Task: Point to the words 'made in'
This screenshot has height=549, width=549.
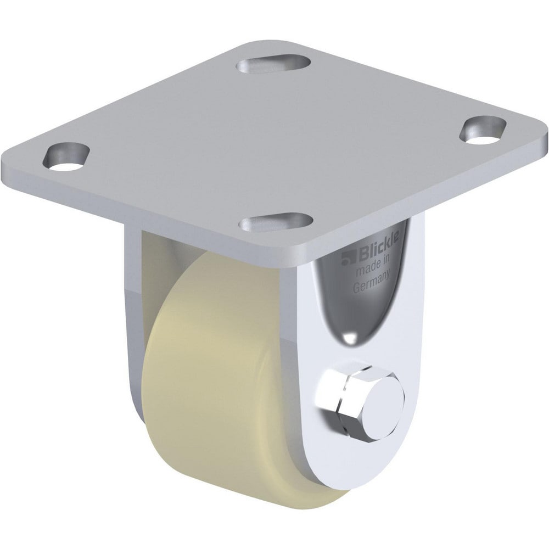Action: [x=374, y=272]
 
